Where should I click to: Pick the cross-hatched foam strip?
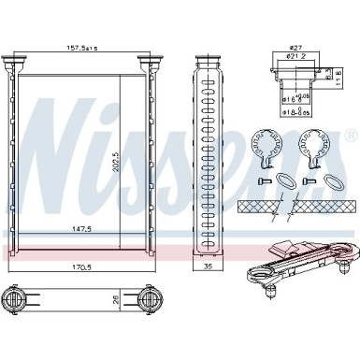pyautogui.click(x=290, y=205)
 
